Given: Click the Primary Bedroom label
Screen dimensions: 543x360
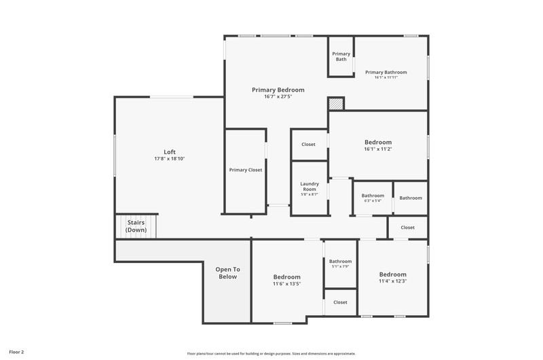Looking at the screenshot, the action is pos(278,90).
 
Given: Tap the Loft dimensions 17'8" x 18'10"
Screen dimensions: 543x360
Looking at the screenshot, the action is pos(170,159).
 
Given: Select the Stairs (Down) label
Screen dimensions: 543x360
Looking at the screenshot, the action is pos(136,226).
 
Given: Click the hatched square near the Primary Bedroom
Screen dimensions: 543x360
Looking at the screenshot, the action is pos(335,104).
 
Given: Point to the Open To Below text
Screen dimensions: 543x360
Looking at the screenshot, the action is pos(228,273).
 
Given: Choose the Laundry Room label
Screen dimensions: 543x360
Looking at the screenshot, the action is pos(310,186).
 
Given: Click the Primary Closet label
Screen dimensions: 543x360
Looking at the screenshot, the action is pos(246,170).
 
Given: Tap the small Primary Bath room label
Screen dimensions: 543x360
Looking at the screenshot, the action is pos(341,56).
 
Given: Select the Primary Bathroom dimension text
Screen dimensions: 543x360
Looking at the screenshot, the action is pos(386,77).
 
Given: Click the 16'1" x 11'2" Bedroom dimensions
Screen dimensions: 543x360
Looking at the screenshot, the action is pos(378,149).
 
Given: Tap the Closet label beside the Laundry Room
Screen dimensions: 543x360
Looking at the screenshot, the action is pos(308,144).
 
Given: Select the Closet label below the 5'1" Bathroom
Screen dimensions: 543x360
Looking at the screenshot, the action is pos(340,302).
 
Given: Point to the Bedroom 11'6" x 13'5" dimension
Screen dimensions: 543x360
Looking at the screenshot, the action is pos(286,284).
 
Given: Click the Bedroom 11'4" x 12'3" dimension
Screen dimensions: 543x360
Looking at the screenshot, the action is pos(393,281).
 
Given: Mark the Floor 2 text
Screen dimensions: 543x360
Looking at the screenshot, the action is pos(16,352).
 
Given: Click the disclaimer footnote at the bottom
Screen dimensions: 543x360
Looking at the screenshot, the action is pos(271,354).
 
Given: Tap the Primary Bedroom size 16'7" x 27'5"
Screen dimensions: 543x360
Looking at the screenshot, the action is pos(278,96).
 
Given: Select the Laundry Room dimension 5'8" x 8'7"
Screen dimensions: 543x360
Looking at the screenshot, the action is pos(310,194).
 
